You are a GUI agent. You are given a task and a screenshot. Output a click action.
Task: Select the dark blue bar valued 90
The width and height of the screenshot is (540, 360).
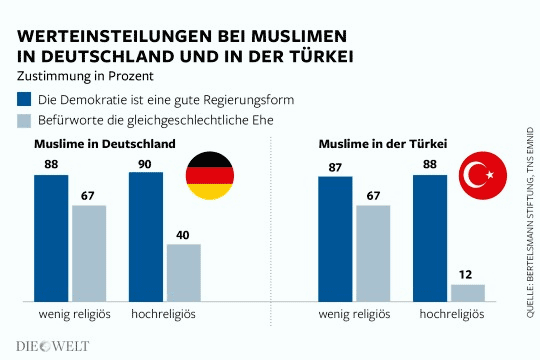pyautogui.click(x=146, y=236)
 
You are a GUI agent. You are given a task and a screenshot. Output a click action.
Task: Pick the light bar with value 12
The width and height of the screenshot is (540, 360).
pyautogui.click(x=467, y=292)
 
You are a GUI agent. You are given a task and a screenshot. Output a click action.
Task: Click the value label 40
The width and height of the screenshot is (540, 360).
pyautogui.click(x=184, y=235)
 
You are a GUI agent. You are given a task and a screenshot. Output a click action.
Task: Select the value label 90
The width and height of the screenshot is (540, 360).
pyautogui.click(x=146, y=163)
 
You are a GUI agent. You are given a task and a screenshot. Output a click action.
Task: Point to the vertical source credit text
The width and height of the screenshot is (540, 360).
pyautogui.click(x=528, y=221)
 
